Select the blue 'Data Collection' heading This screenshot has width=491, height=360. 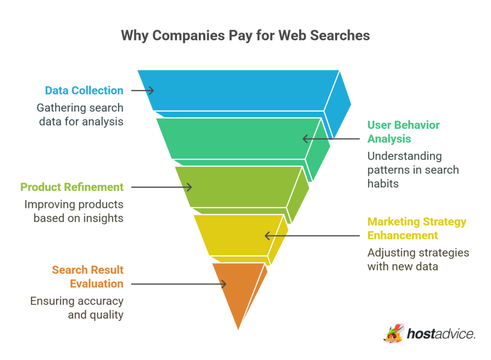pyautogui.click(x=84, y=90)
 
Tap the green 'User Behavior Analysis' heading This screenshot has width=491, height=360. pyautogui.click(x=403, y=132)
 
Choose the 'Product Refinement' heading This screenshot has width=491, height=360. pyautogui.click(x=72, y=187)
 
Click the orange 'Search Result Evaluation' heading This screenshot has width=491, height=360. pyautogui.click(x=88, y=277)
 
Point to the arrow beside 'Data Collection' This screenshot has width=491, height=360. pyautogui.click(x=142, y=90)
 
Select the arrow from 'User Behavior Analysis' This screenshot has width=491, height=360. pyautogui.click(x=331, y=139)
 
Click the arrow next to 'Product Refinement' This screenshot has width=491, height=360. pyautogui.click(x=161, y=187)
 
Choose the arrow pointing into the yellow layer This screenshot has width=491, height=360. pyautogui.click(x=312, y=235)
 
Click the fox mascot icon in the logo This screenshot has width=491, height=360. pyautogui.click(x=394, y=334)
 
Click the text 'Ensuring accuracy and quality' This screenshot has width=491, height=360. pyautogui.click(x=77, y=308)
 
